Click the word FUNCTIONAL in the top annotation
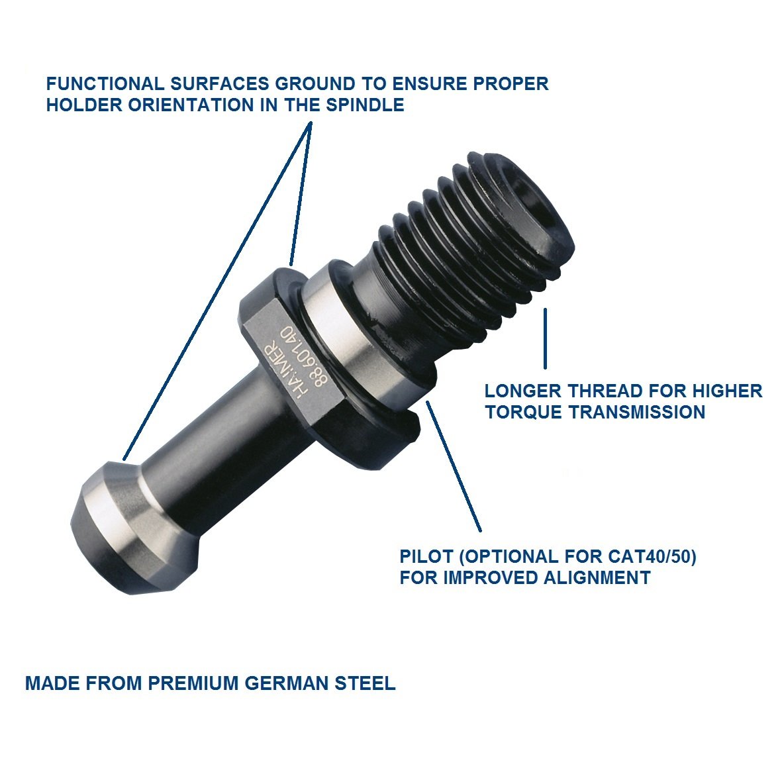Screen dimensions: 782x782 (x=105, y=84)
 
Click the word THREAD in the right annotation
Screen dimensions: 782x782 (x=605, y=391)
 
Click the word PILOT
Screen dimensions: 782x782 (x=425, y=557)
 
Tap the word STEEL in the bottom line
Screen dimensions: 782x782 (x=365, y=683)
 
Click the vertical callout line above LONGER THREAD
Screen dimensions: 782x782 (x=545, y=338)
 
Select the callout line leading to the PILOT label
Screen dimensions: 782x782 (x=454, y=465)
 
